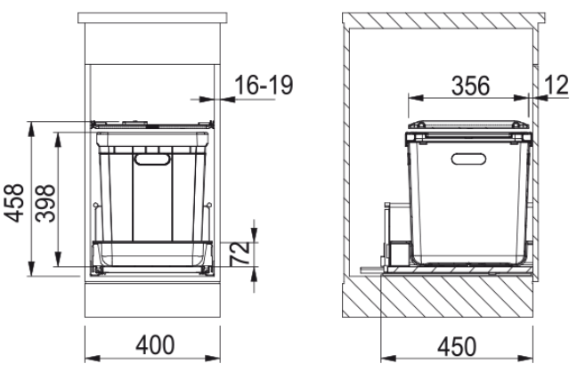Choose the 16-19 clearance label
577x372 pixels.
pyautogui.click(x=259, y=86)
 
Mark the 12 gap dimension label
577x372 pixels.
pyautogui.click(x=557, y=86)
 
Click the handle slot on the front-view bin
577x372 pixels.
pyautogui.click(x=152, y=159)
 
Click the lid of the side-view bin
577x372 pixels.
pyautogui.click(x=468, y=127)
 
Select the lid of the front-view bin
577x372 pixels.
pyautogui.click(x=153, y=126)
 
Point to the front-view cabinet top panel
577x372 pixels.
pyautogui.click(x=152, y=19)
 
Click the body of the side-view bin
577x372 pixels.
pyautogui.click(x=467, y=205)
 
